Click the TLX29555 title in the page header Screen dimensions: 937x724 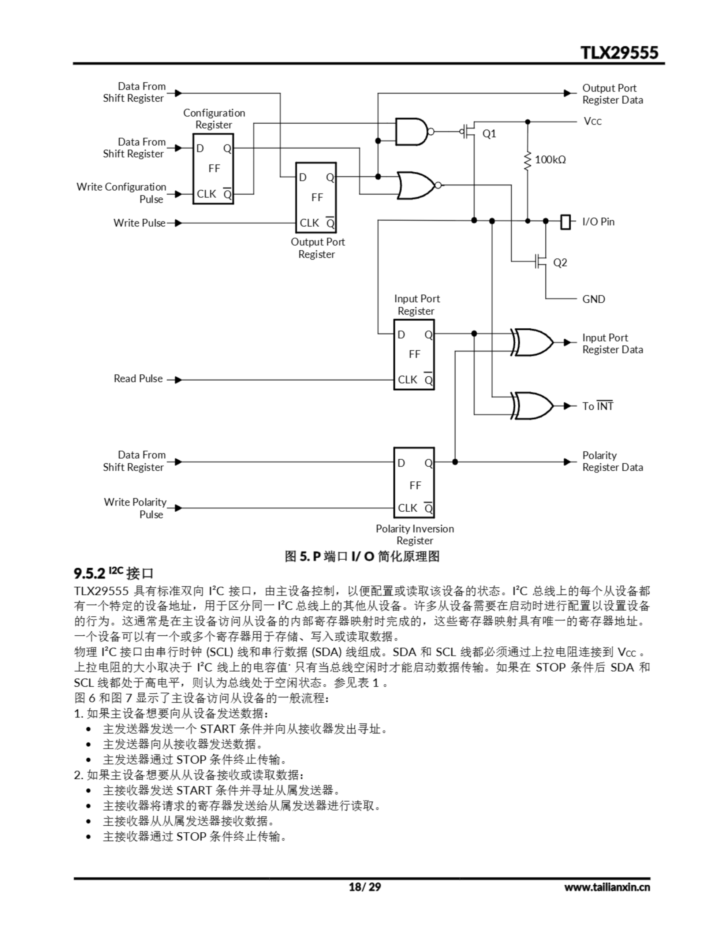(619, 53)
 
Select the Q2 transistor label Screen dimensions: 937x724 (560, 262)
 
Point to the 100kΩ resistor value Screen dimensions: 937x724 (550, 160)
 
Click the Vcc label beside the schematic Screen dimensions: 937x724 (592, 122)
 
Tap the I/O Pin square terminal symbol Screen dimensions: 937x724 (566, 221)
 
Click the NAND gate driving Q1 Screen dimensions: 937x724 (411, 132)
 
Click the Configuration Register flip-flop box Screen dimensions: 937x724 (213, 169)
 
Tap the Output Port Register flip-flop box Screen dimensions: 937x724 (316, 197)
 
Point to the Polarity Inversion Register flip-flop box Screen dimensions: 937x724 (414, 483)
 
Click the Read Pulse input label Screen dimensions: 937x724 (138, 379)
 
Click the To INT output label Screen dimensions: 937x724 (597, 406)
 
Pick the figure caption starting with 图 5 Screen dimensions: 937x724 (362, 556)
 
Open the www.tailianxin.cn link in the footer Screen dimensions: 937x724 (607, 887)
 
